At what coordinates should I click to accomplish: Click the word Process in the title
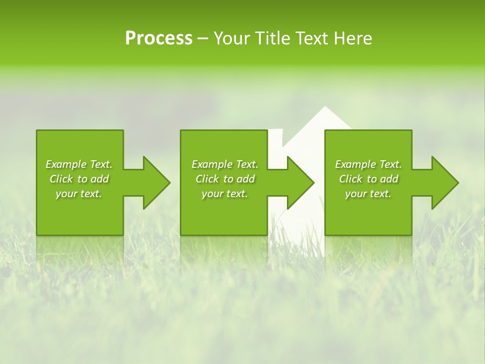click(x=159, y=38)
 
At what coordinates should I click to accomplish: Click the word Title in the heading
click(x=271, y=38)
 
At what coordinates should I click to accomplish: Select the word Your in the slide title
click(x=231, y=38)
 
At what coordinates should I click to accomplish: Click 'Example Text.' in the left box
click(x=79, y=164)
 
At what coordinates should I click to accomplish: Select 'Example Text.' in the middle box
click(x=225, y=164)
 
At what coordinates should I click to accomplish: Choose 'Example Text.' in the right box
click(x=368, y=164)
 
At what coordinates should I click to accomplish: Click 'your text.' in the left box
click(x=79, y=194)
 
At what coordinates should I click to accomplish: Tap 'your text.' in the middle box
click(x=225, y=194)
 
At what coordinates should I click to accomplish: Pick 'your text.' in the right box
click(x=368, y=194)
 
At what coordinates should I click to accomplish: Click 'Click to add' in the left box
click(x=79, y=179)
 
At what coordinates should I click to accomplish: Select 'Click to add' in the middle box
click(x=225, y=179)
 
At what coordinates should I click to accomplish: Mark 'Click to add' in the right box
click(x=368, y=179)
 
